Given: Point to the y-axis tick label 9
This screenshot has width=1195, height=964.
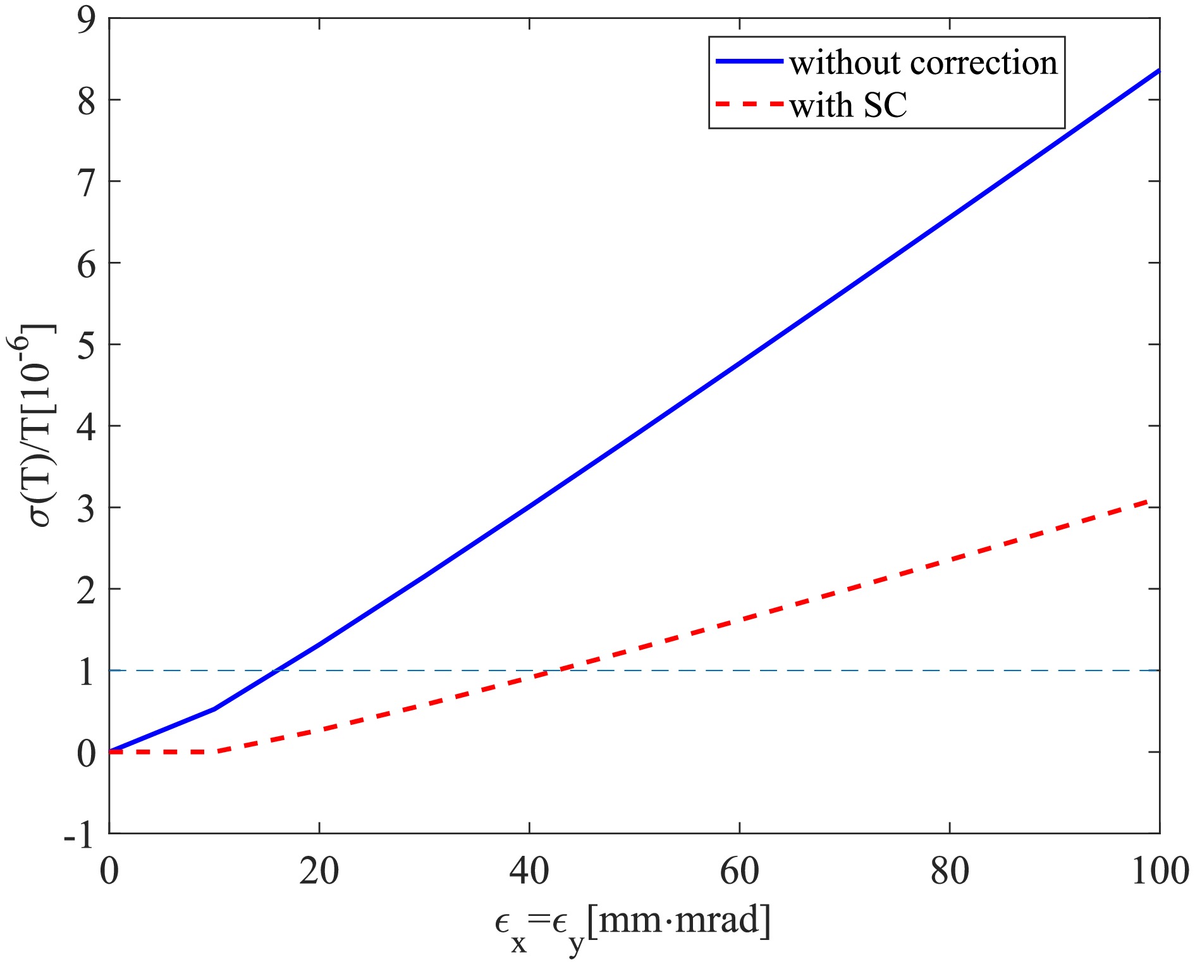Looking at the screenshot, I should click(87, 20).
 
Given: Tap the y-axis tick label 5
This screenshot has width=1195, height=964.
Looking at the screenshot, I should click(87, 345).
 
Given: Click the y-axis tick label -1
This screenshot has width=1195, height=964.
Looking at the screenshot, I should click(80, 835).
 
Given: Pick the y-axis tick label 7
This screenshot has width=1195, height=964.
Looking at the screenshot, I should click(87, 182).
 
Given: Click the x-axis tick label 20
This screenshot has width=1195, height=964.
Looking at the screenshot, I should click(319, 871).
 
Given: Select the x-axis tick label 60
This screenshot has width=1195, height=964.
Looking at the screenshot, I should click(739, 871).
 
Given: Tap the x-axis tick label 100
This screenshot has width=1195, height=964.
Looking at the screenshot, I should click(1159, 871).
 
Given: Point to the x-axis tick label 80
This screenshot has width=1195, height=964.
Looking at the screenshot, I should click(950, 871).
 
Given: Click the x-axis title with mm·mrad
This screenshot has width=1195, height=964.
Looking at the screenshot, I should click(632, 925).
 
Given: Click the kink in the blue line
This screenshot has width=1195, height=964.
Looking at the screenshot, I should click(215, 708).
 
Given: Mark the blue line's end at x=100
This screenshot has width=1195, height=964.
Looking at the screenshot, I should click(1159, 70).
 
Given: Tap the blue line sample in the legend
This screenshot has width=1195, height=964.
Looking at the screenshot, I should click(749, 61).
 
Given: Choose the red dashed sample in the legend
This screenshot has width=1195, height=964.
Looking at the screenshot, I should click(749, 103).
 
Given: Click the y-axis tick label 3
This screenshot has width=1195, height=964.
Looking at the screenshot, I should click(87, 509).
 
